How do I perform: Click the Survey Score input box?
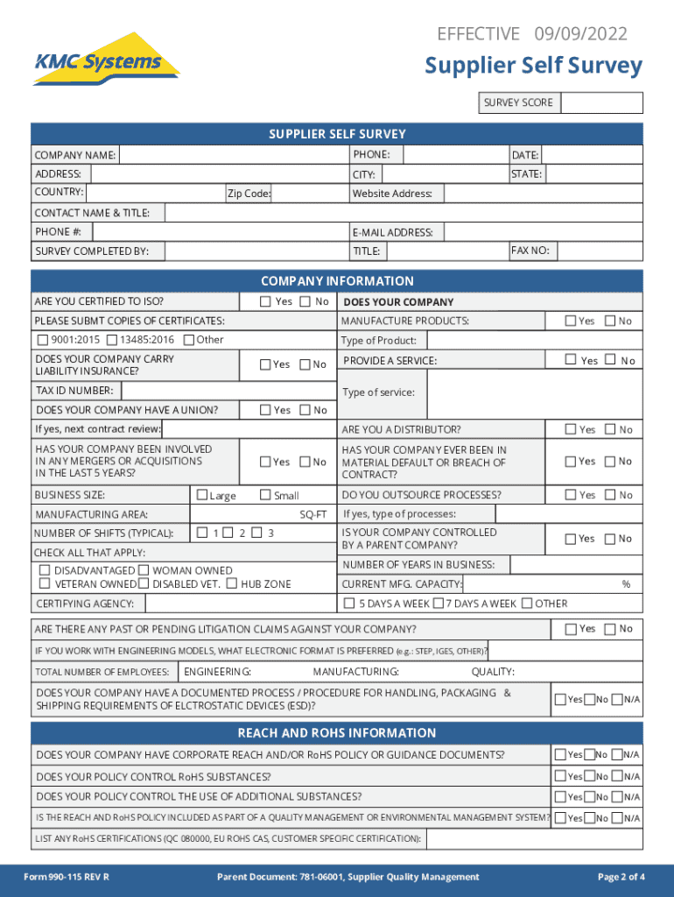tap(601, 103)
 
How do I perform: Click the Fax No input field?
tap(600, 251)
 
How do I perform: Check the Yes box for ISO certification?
tap(266, 301)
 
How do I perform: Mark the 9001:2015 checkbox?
tap(43, 340)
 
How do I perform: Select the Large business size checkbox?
tap(203, 495)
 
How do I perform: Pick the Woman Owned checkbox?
tap(144, 570)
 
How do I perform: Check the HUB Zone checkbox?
tap(231, 583)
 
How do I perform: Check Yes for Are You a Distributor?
tap(570, 428)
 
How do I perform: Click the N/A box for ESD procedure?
tap(616, 699)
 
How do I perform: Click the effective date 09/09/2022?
tap(579, 34)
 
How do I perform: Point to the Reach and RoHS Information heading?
tap(337, 733)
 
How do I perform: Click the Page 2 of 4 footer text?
tap(621, 877)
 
